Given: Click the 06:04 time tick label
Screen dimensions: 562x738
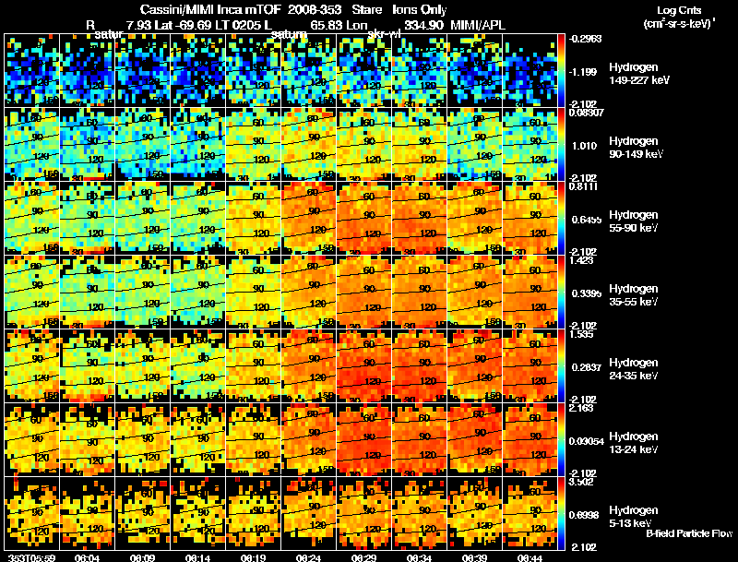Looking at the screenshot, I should point(87,556).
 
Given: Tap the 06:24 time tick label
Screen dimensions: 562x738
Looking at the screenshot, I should point(308,556).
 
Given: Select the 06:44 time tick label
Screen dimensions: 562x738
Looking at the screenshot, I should point(530,556).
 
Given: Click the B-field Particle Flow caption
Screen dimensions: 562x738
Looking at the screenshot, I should point(690,533).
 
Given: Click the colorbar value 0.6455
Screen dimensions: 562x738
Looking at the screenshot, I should point(587,219).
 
